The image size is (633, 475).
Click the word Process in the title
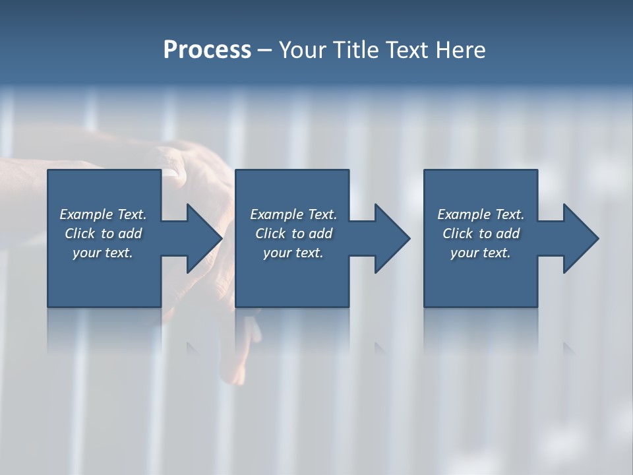click(x=207, y=50)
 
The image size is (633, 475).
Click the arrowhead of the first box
click(x=204, y=238)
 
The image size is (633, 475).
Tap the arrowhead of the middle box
click(x=392, y=238)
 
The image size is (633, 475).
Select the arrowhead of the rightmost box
click(x=581, y=238)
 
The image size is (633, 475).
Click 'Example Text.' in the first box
click(x=103, y=214)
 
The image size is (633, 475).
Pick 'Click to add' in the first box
click(x=103, y=234)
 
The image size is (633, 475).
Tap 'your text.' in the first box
click(x=103, y=253)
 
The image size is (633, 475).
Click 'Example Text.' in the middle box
click(x=293, y=214)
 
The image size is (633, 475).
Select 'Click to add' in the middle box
click(x=293, y=234)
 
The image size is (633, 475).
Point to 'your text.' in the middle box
click(x=293, y=253)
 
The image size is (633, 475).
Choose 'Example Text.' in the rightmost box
click(x=481, y=214)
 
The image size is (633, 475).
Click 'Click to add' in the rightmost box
click(x=481, y=234)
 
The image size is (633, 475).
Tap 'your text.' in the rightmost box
click(x=481, y=253)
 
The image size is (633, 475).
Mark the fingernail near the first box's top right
click(x=171, y=172)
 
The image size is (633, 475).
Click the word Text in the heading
click(x=407, y=50)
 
